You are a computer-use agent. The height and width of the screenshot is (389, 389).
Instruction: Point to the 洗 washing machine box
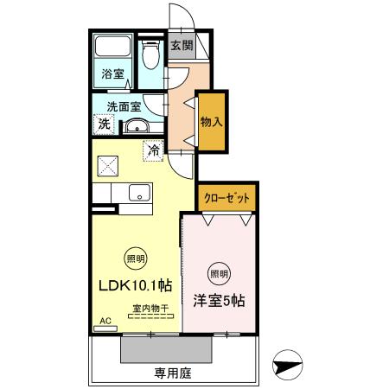pyautogui.click(x=104, y=124)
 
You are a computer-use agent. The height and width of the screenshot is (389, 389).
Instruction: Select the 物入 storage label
pyautogui.click(x=211, y=122)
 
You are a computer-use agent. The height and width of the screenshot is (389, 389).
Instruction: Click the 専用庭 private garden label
pyautogui.click(x=172, y=373)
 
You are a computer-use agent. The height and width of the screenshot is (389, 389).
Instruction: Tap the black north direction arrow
pyautogui.click(x=287, y=366)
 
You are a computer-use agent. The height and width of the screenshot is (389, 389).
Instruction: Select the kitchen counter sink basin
pyautogui.click(x=138, y=193)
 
